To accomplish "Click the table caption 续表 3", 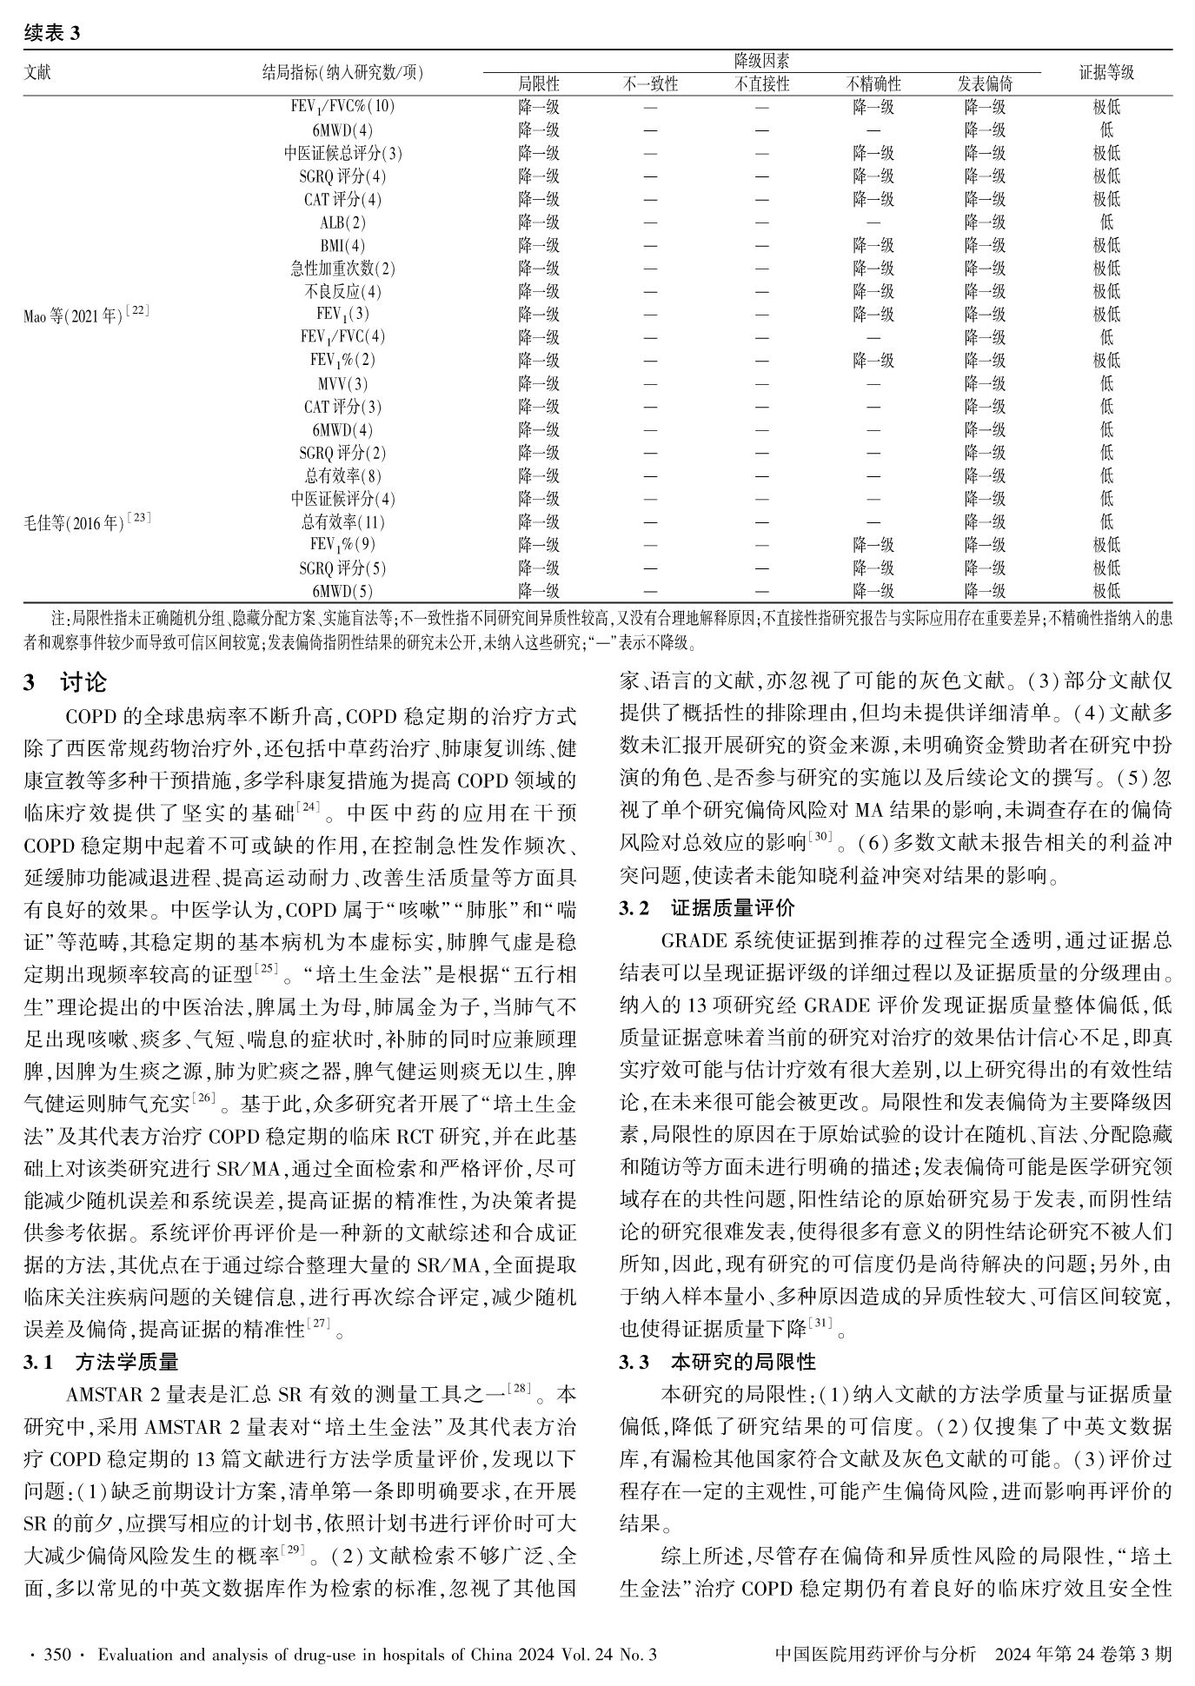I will [51, 33].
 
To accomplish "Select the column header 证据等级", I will [1105, 73].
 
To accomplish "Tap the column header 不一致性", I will [650, 84].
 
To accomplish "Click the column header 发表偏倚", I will [985, 84].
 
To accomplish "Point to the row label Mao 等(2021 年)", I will [85, 315].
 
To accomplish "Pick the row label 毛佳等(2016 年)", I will [87, 522].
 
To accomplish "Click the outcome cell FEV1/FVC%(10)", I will [342, 108].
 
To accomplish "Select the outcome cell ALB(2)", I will [342, 222].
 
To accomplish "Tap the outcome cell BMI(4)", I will [342, 246].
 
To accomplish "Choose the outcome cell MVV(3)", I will [342, 384].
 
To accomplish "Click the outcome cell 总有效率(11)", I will [342, 522].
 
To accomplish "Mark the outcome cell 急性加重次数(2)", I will [342, 269].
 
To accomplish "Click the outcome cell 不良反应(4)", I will [342, 292].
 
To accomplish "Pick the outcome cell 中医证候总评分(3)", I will [342, 154].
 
